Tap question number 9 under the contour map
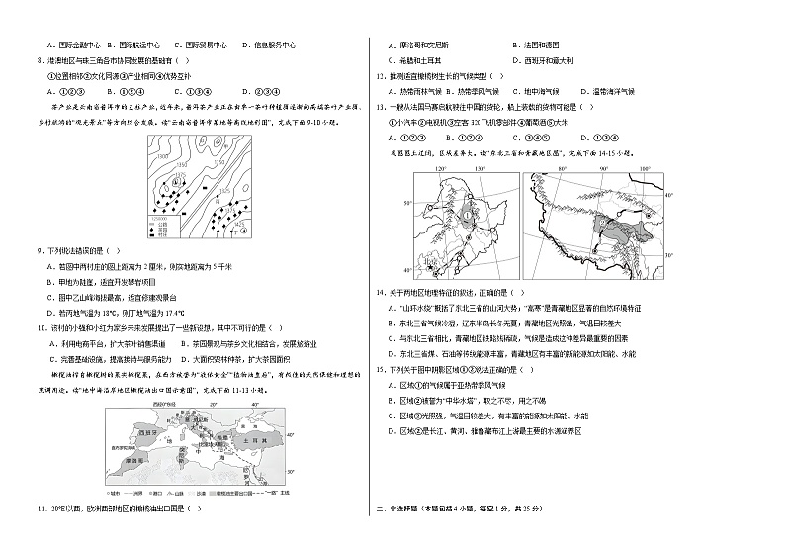tap(38, 251)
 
